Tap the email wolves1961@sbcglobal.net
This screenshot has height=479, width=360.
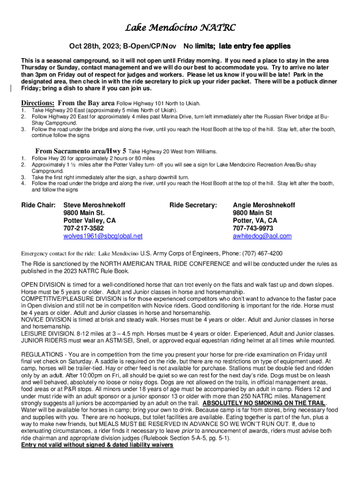103,236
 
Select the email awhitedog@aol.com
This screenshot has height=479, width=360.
262,236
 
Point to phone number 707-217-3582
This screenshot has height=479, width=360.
84,228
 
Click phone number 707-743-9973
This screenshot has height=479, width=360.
253,228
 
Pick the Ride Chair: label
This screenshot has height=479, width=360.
39,205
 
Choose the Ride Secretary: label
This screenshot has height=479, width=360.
193,205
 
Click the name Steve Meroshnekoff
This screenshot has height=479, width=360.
94,205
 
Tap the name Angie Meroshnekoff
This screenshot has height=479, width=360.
264,205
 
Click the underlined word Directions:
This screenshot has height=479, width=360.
38,103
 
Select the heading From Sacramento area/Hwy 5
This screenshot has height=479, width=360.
81,151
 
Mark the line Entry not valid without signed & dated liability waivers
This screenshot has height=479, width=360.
97,445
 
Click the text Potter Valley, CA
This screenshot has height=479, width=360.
89,220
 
